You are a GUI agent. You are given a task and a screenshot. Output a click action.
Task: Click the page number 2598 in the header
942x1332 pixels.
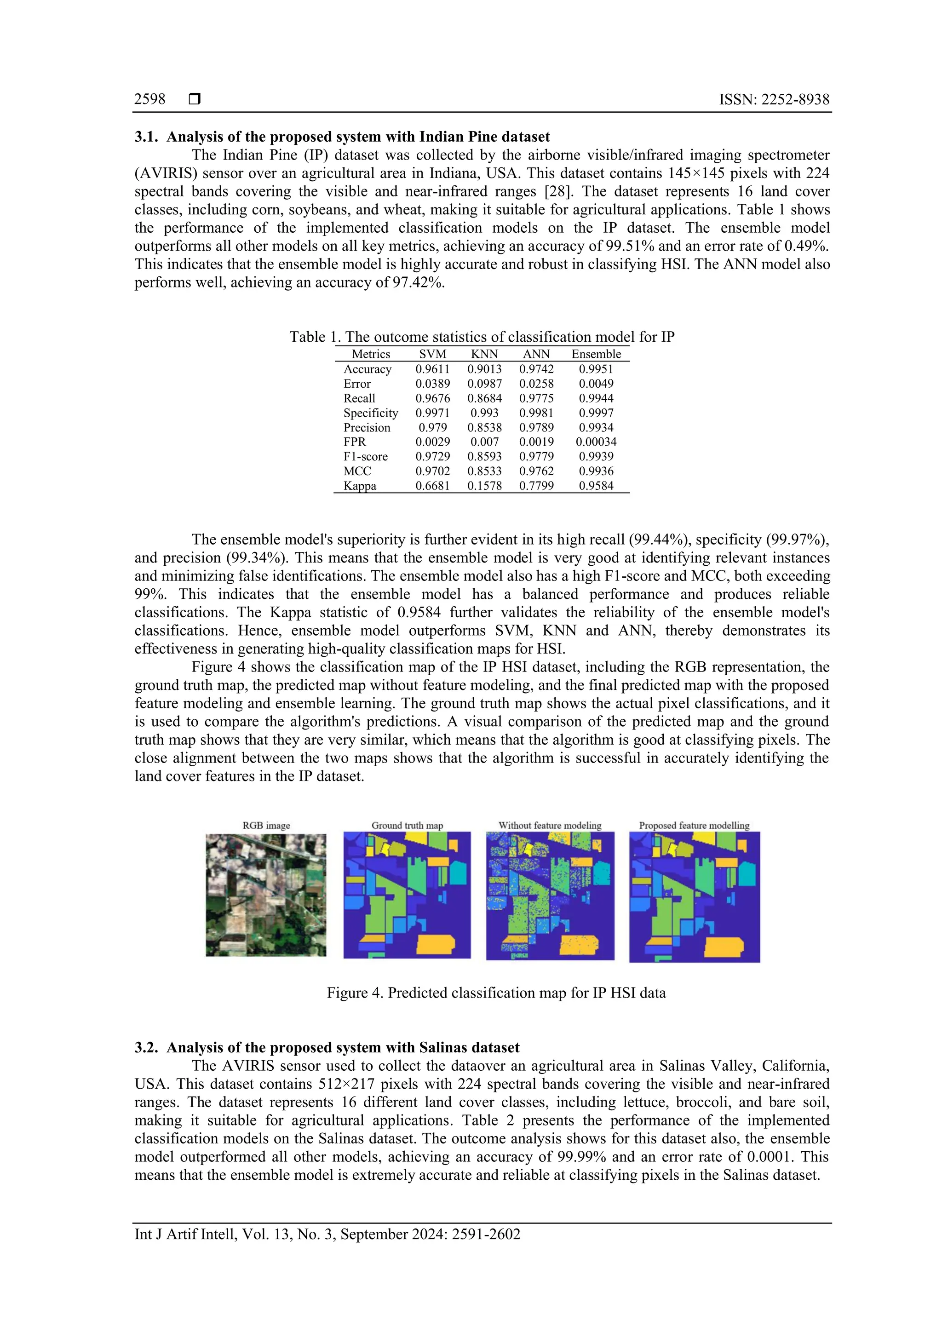coord(149,99)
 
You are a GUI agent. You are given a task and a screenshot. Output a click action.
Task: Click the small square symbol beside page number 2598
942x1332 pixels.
coord(195,99)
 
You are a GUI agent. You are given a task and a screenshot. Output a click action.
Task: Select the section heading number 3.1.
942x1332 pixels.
coord(146,137)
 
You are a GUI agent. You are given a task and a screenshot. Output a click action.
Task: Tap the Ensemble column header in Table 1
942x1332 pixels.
coord(596,354)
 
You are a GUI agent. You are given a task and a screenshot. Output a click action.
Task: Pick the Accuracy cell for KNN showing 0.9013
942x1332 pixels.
coord(484,369)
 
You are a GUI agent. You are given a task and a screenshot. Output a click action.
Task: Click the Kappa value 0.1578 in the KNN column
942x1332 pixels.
coord(484,486)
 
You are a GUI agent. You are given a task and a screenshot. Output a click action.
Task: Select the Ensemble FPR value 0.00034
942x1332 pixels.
coord(596,442)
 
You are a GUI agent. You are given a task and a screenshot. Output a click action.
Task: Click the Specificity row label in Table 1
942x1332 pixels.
coord(371,413)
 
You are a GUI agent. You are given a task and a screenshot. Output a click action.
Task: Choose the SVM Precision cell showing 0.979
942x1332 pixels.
coord(433,428)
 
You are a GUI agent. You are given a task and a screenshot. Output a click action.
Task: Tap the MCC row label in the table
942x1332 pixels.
coord(357,471)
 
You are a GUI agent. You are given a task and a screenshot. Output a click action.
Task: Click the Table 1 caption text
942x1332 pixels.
coord(482,337)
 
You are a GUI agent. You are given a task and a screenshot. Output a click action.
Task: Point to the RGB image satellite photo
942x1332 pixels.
coord(266,895)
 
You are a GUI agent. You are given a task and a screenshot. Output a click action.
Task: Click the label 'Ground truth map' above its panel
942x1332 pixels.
coord(407,825)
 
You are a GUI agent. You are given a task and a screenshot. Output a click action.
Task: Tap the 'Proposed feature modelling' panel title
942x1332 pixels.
coord(694,825)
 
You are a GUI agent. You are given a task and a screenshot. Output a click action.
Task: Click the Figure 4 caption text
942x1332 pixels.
coord(496,993)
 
